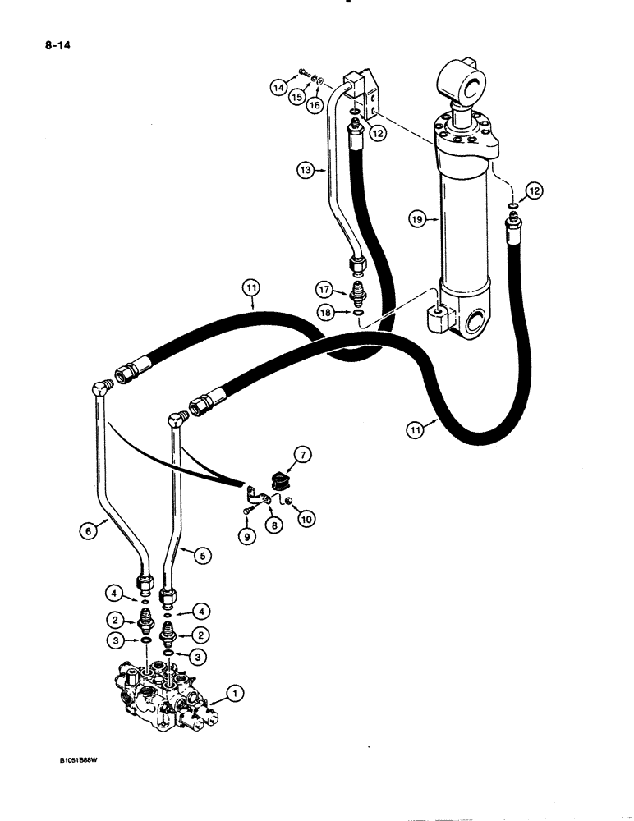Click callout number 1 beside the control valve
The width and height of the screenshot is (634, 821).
coord(235,694)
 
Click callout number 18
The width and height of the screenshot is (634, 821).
coord(326,312)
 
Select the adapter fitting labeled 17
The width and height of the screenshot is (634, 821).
coord(358,291)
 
